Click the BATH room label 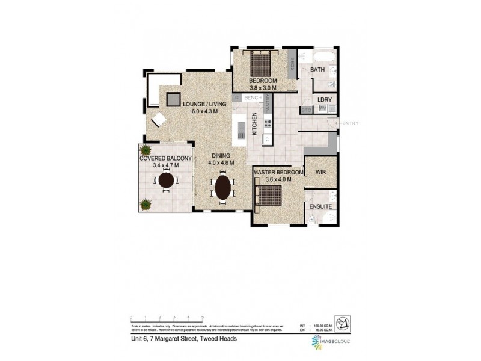coord(317,70)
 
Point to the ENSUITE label coord(320,206)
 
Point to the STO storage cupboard coord(306,110)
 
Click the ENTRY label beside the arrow coord(350,123)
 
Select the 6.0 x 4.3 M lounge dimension coord(205,111)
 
